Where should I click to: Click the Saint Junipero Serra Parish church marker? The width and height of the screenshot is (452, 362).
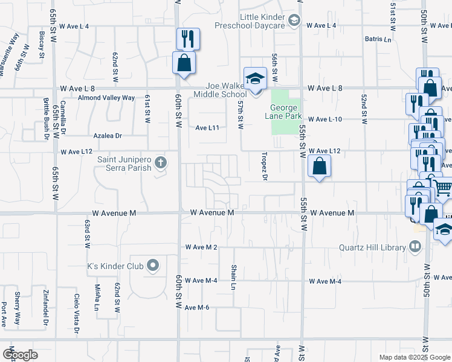161,162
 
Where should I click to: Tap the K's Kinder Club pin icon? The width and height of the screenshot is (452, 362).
153,265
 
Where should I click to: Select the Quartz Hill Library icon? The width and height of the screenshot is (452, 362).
415,246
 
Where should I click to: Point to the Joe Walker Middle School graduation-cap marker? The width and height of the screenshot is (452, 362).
255,78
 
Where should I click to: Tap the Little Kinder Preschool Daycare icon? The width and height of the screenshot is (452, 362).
294,22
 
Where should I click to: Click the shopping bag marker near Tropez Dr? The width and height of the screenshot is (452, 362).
318,166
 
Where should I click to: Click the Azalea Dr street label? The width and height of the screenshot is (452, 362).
108,136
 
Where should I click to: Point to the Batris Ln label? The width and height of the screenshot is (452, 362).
378,39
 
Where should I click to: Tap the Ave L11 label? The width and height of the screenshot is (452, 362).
207,128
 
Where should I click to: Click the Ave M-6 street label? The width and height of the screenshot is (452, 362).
197,308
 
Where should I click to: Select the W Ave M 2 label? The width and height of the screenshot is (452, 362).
201,247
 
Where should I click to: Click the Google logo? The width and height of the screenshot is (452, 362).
20,354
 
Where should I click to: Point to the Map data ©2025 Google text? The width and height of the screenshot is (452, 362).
414,357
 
